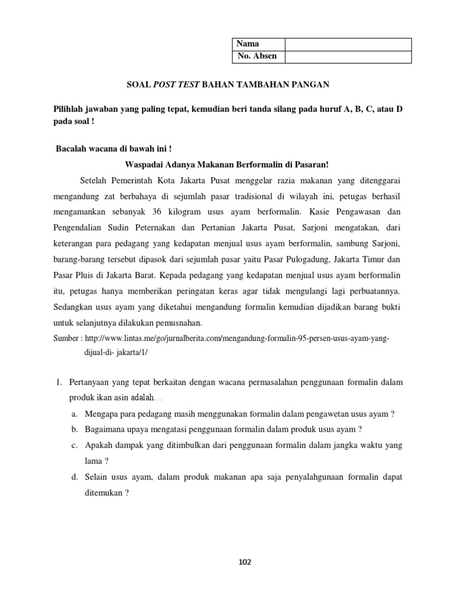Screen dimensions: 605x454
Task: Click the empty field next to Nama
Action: [x=348, y=44]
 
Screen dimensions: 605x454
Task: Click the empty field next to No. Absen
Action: [x=348, y=57]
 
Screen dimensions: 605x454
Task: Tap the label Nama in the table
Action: [x=248, y=44]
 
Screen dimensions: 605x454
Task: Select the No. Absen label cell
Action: [x=256, y=57]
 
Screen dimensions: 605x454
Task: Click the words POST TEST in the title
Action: [x=177, y=85]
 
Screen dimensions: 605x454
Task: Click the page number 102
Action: [x=245, y=562]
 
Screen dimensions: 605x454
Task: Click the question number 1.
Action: [x=59, y=383]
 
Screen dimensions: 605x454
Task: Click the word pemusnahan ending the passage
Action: [x=179, y=323]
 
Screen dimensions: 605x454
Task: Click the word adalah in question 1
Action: [x=142, y=397]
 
